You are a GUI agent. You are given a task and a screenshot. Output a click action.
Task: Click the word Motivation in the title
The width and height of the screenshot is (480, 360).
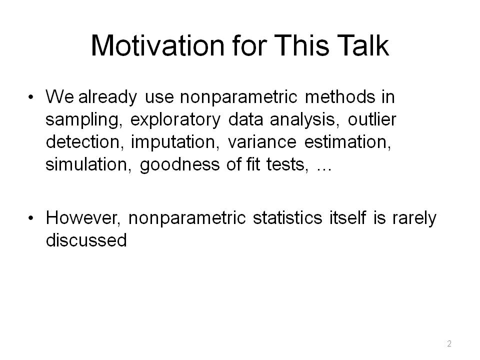tap(157, 45)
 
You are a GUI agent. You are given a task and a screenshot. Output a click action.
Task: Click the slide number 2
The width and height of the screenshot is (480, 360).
tap(449, 343)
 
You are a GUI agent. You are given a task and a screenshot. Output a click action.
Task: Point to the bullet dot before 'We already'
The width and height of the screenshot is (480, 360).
tap(30, 97)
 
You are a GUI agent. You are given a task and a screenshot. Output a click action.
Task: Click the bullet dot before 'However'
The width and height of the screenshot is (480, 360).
tap(30, 218)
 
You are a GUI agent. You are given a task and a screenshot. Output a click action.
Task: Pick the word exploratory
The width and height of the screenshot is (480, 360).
tap(175, 119)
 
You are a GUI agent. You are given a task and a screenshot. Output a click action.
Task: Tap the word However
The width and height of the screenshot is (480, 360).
tap(83, 218)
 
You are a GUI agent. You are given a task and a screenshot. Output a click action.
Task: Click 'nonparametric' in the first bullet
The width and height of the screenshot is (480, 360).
tap(238, 97)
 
